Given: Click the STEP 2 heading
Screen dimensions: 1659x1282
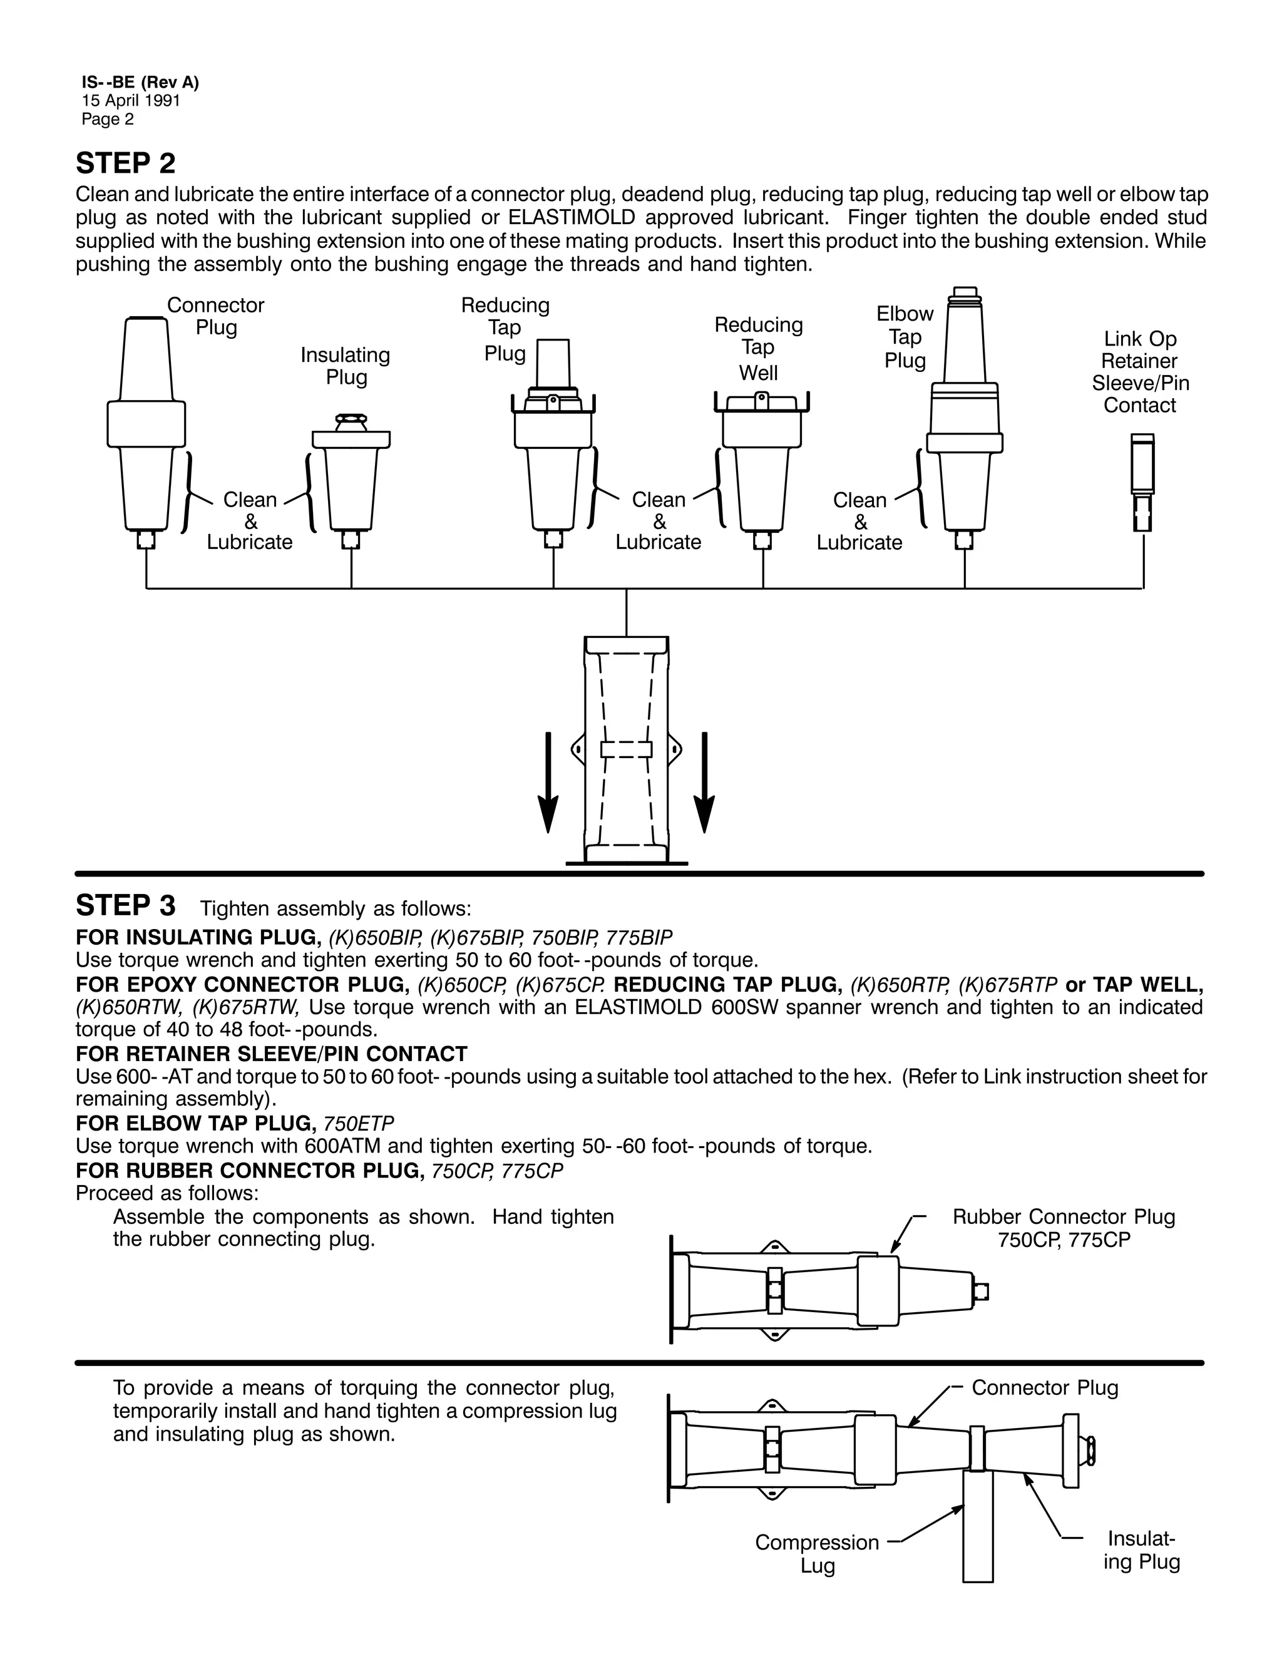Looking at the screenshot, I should pos(125,163).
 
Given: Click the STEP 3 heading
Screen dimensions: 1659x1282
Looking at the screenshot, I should pos(125,905).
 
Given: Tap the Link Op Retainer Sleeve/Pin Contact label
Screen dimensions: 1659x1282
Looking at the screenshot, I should pos(1140,372).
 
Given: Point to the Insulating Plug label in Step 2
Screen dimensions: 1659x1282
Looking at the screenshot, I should pos(346,366).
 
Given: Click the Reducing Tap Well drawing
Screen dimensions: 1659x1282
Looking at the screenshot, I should pos(762,463).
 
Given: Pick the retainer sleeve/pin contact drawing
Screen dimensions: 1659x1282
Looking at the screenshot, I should pos(1142,482).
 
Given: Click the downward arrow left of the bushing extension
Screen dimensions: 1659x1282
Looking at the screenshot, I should pos(548,783).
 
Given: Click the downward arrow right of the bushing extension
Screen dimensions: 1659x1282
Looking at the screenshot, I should pos(705,783).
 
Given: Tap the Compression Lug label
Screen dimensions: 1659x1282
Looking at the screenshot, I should pos(817,1553).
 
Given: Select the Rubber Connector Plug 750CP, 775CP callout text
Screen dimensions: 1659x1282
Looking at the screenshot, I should pos(1064,1228).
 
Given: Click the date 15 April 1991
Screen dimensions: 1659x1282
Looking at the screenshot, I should pos(131,101).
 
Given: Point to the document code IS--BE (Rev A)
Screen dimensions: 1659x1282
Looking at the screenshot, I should pos(140,83).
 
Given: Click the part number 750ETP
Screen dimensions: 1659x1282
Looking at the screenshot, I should pos(359,1122).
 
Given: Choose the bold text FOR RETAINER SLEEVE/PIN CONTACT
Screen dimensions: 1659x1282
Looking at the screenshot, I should pos(271,1054).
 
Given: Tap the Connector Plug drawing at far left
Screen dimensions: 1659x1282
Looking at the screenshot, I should pos(146,425).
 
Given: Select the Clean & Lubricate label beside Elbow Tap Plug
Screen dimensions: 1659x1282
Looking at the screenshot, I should pos(859,521).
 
